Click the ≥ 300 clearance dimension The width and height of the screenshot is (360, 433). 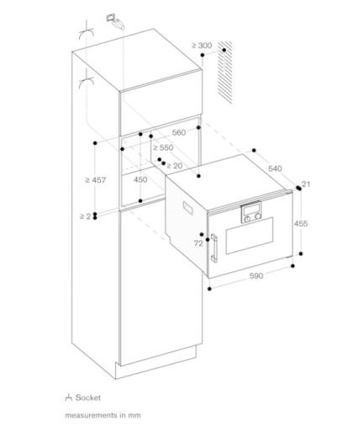pos(202,45)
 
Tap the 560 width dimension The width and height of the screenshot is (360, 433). pos(179,133)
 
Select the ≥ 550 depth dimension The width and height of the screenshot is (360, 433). pos(163,147)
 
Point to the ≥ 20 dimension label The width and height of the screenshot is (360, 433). pos(174,166)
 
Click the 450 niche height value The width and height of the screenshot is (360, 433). pos(140,179)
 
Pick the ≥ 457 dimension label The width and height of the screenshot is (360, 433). pos(96,180)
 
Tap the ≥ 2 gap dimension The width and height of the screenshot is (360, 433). pos(86,216)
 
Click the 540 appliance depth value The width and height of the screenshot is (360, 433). pos(275,168)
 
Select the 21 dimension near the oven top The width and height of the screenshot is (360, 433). pos(306,184)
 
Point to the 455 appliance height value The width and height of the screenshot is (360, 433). pos(301,224)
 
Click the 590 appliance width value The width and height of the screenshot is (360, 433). pos(257,276)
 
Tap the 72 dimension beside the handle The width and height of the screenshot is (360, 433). pos(199,244)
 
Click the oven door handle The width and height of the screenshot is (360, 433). pos(214,248)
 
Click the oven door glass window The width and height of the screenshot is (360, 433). pos(249,235)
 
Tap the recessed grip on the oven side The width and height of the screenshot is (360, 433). pos(188,208)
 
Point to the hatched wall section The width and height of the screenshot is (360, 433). pos(225,72)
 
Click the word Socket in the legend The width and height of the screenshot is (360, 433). pos(87,398)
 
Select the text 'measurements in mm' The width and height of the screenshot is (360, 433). pos(103,415)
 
